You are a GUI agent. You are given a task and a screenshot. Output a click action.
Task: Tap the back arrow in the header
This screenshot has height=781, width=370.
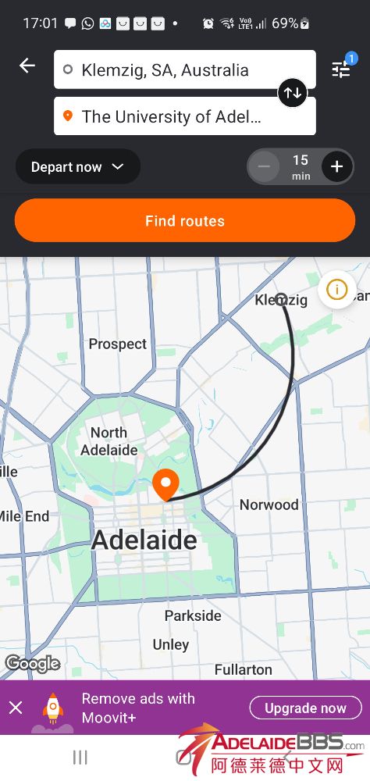coord(27,66)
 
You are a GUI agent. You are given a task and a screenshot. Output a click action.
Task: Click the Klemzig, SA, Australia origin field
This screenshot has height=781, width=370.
coord(184,70)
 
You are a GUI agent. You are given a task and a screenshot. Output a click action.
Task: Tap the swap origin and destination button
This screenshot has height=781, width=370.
coord(293,93)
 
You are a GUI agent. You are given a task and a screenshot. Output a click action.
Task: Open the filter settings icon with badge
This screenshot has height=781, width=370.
coord(341,69)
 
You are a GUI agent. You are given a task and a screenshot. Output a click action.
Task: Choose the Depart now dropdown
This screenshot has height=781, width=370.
coord(77,166)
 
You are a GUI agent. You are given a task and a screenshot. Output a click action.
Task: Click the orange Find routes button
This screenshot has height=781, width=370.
coord(185,221)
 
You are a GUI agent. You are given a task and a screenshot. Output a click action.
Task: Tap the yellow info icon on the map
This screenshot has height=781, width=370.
coord(336,290)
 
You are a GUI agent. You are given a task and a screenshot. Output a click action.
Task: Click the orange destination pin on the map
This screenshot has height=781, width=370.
coord(165,485)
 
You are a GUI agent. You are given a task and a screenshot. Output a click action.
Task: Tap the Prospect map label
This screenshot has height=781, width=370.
coord(117,344)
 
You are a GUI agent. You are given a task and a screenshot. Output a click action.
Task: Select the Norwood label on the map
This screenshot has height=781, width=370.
coord(269,505)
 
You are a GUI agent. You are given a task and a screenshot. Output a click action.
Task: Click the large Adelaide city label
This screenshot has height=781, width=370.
coord(145,540)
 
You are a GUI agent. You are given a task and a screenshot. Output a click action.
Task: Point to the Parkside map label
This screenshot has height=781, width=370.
coord(193,615)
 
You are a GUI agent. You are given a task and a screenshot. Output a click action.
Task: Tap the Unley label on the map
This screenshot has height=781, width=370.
coord(171,644)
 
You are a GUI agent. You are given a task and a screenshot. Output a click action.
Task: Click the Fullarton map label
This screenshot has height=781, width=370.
coord(244,669)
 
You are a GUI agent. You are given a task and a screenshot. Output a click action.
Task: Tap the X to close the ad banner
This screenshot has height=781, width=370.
coord(16,708)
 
